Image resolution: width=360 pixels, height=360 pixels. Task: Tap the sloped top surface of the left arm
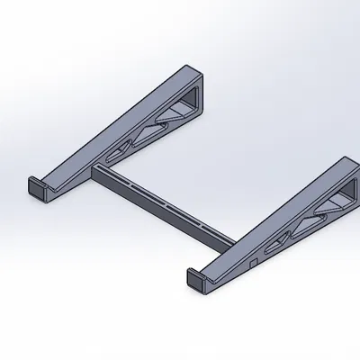point(117,121)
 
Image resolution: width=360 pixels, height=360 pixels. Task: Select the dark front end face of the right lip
point(195,283)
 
